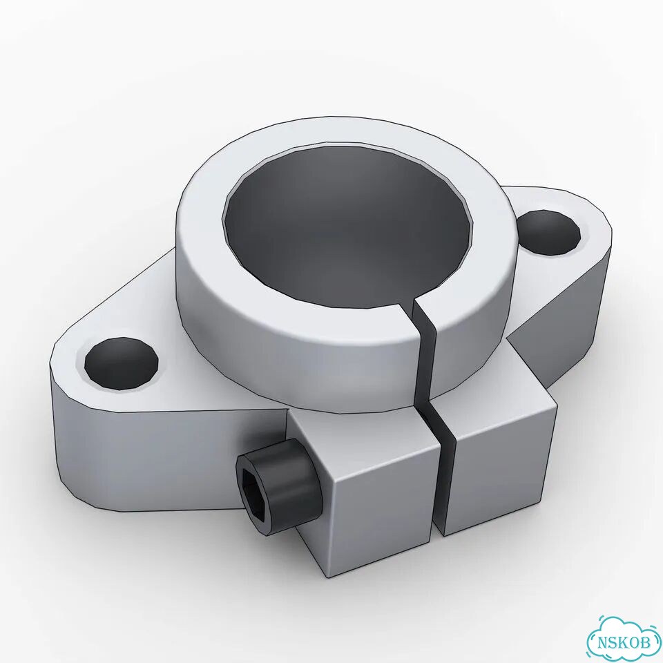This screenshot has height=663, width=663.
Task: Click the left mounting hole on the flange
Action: pyautogui.click(x=122, y=363)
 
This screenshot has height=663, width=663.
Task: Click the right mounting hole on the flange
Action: pyautogui.click(x=548, y=233)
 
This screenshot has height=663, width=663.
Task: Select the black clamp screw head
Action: pyautogui.click(x=277, y=488)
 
